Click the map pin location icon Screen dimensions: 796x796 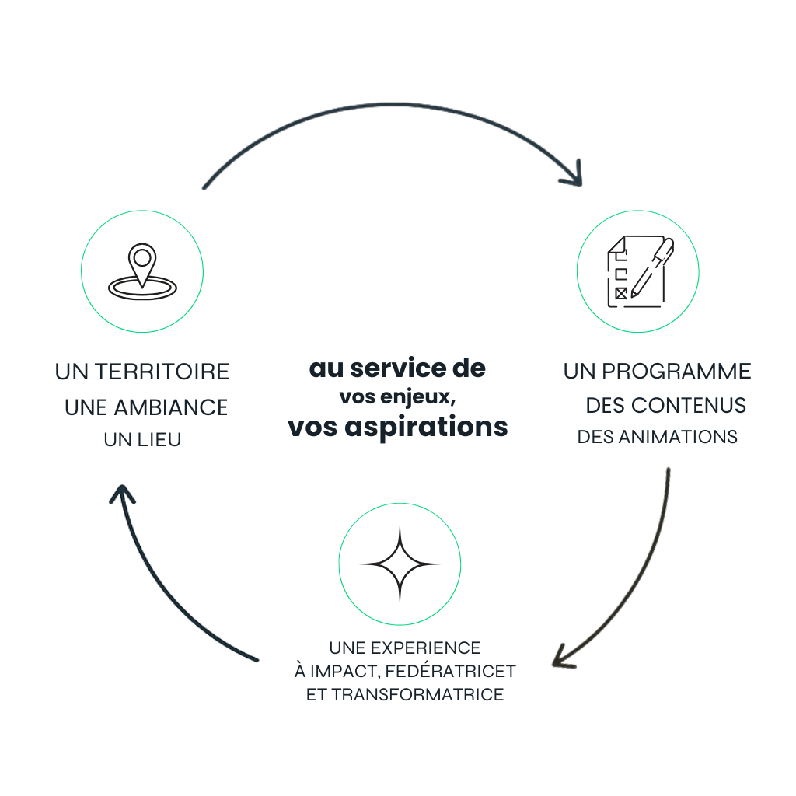point(141,272)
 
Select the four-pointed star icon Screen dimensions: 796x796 point(400,564)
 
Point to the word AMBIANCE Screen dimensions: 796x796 point(171,407)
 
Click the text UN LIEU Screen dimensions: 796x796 point(142,440)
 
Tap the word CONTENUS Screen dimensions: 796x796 point(689,405)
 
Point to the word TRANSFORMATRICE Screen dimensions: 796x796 point(417,694)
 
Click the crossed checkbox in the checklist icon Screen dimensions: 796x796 point(620,293)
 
